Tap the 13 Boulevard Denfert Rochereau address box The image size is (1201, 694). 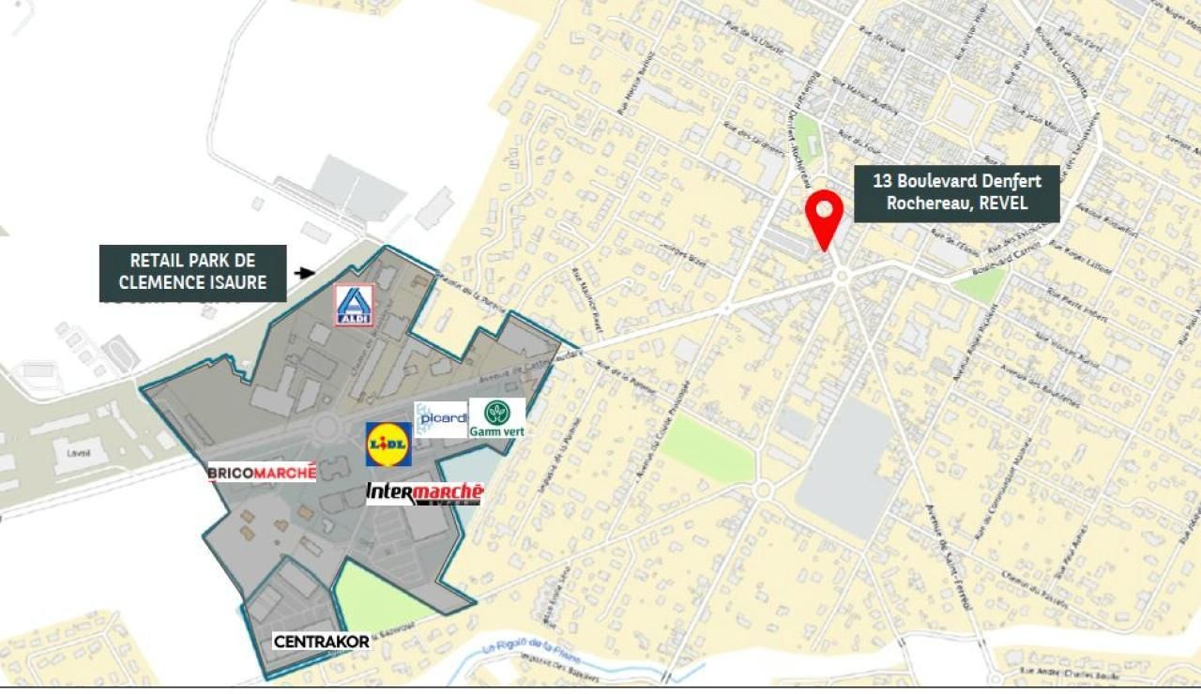tap(957, 193)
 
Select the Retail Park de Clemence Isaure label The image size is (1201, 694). tap(192, 272)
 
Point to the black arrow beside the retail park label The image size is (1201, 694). tap(304, 273)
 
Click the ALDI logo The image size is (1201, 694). tap(354, 305)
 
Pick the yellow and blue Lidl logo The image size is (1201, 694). tap(388, 444)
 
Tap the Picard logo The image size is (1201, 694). tap(441, 419)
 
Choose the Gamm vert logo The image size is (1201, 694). tap(497, 418)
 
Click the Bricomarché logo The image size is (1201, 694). tap(262, 473)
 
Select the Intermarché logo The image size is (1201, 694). tap(424, 493)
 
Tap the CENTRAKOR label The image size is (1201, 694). tap(321, 641)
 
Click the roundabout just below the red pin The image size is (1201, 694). tap(841, 276)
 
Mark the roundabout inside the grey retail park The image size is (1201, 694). tap(326, 427)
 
